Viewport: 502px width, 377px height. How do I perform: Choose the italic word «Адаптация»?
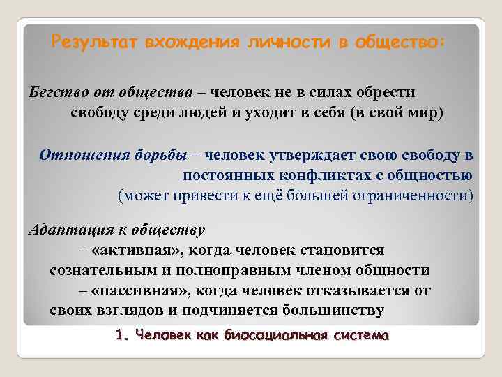click(x=63, y=230)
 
